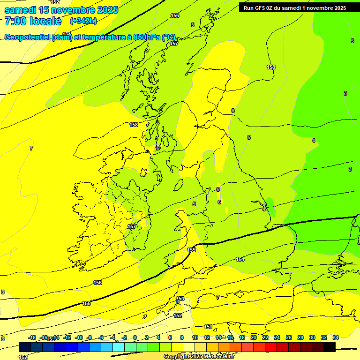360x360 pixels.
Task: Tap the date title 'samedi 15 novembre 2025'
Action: point(61,10)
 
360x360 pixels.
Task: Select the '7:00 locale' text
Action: point(33,21)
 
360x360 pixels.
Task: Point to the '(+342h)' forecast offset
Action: point(83,21)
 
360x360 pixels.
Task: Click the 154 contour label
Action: point(240,259)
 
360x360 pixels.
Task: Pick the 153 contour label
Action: point(180,299)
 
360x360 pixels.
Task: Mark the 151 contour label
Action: point(208,327)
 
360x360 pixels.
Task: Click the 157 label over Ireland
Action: point(132,226)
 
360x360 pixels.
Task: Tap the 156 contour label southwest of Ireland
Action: point(97,283)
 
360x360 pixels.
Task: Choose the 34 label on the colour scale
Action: point(336,337)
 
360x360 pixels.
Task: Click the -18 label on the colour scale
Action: point(32,337)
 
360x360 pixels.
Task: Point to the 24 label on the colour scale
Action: point(277,337)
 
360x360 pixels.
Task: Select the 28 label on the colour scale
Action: point(300,337)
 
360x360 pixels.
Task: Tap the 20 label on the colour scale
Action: point(254,337)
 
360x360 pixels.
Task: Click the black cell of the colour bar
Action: point(330,347)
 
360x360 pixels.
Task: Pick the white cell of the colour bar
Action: point(188,347)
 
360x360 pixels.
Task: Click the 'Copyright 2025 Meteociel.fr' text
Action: point(199,357)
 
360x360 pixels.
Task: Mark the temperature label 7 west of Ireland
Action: point(31,148)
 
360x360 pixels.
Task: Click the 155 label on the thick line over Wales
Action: point(191,250)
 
